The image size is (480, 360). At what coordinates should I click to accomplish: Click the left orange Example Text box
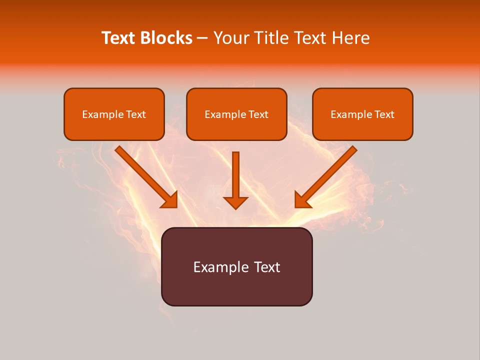point(114,114)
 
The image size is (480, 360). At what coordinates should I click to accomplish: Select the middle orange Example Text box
point(236,114)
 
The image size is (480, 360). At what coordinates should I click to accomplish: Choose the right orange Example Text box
point(362,114)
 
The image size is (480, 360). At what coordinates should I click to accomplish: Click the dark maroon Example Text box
point(236,266)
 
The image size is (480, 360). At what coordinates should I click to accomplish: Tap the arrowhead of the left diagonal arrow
point(169,200)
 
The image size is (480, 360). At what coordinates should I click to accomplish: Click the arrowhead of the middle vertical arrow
point(235,202)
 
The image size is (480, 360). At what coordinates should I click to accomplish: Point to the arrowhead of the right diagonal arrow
point(302,200)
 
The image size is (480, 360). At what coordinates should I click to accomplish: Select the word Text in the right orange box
point(384,114)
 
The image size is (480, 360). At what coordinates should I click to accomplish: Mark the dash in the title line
point(202,38)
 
